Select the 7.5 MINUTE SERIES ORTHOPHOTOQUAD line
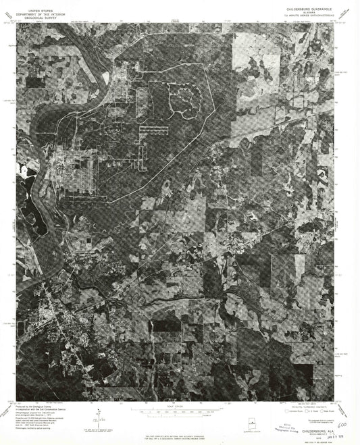click(306, 16)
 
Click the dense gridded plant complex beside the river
click(74, 172)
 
